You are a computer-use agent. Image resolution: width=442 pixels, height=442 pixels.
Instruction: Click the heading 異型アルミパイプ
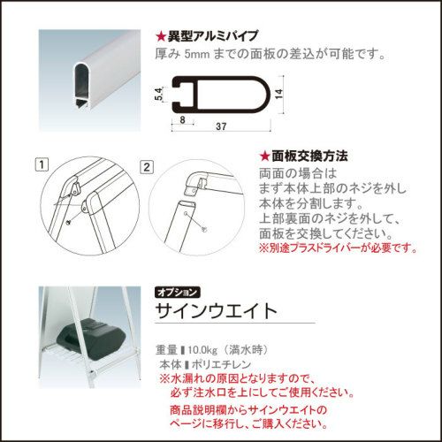213,36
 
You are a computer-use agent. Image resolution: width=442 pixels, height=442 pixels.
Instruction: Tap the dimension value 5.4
159,94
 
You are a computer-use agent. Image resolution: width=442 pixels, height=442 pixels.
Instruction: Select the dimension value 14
278,94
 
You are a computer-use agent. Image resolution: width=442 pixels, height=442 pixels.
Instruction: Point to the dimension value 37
221,126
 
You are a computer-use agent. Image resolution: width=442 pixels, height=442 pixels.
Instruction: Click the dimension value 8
182,120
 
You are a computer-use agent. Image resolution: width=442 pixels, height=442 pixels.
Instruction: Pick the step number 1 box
42,164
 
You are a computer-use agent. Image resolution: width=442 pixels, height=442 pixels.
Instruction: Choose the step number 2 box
147,167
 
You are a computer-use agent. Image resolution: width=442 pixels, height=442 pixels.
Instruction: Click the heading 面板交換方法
309,156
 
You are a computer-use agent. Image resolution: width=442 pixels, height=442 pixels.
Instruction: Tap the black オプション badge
177,293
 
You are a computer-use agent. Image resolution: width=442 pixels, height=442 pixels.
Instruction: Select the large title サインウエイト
217,310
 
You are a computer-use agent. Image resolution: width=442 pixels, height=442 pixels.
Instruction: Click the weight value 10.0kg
202,350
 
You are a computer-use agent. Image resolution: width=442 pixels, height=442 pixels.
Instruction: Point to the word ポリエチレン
221,364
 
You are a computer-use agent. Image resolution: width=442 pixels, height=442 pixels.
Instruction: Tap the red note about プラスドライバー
338,248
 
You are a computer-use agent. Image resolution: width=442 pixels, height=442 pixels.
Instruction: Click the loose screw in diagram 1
69,222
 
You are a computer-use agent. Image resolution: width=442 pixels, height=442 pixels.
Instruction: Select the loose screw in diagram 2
205,229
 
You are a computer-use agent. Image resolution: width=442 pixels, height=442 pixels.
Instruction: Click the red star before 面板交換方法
265,156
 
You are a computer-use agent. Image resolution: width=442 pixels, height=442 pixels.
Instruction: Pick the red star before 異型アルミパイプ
161,36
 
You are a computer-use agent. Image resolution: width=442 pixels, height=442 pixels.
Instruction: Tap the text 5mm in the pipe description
197,54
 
